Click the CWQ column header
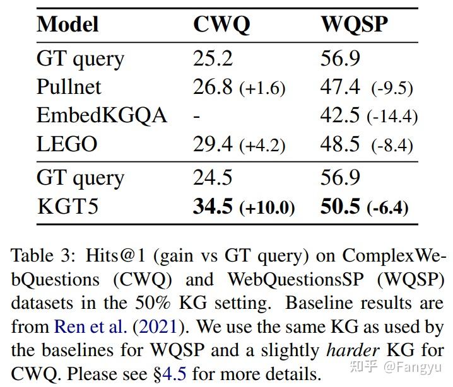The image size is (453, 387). coord(221,25)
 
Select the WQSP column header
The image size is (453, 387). coord(355,25)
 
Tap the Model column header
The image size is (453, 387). coord(68,24)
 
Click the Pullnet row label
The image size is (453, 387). coord(69,86)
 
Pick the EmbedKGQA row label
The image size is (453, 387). coord(102,115)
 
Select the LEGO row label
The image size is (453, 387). coord(67,144)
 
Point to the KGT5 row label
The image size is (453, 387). coord(68,206)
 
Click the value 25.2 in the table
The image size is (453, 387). coord(213,58)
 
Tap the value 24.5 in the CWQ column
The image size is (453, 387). coord(213,177)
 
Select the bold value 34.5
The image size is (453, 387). coord(213,206)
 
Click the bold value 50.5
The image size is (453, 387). coord(340,206)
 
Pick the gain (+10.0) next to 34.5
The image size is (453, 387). coord(267,207)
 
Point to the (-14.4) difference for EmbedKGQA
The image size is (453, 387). coord(392,117)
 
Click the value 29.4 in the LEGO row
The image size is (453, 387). coord(213,144)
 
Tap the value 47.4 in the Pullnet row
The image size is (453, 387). coord(340,86)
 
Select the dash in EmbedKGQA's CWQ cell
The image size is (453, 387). coord(196,117)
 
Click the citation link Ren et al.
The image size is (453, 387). coord(90,326)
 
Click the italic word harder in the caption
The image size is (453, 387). coord(353,350)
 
